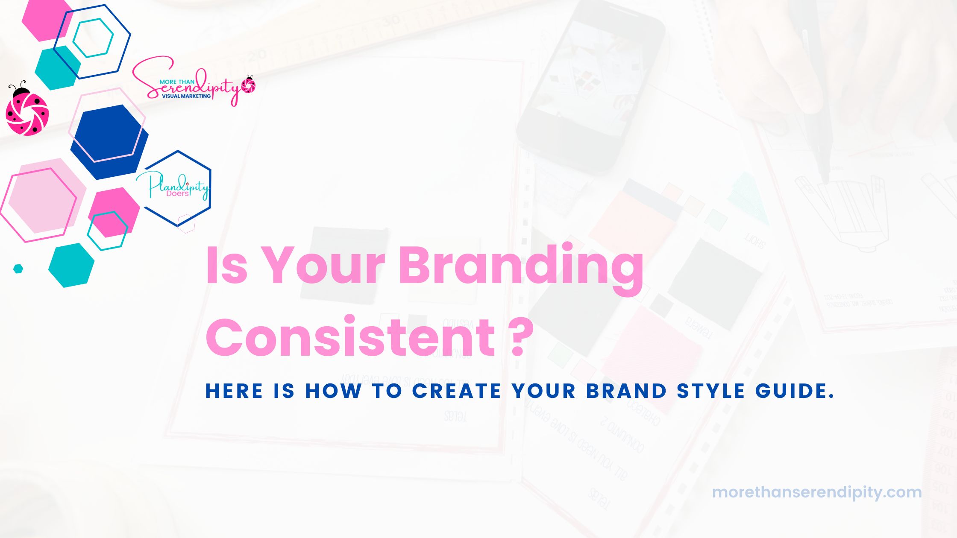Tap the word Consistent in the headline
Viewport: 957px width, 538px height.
[x=350, y=337]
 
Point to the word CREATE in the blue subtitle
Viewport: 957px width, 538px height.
[x=456, y=391]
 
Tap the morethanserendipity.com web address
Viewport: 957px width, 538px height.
[x=816, y=492]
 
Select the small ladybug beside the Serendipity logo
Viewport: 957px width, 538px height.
[x=248, y=85]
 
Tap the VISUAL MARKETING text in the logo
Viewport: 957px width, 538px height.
[x=186, y=96]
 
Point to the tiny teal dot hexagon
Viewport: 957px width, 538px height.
[x=18, y=269]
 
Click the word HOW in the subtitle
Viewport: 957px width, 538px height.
[x=333, y=391]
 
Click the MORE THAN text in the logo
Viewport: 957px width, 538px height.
[x=177, y=82]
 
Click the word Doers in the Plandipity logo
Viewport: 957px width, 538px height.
[x=177, y=193]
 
